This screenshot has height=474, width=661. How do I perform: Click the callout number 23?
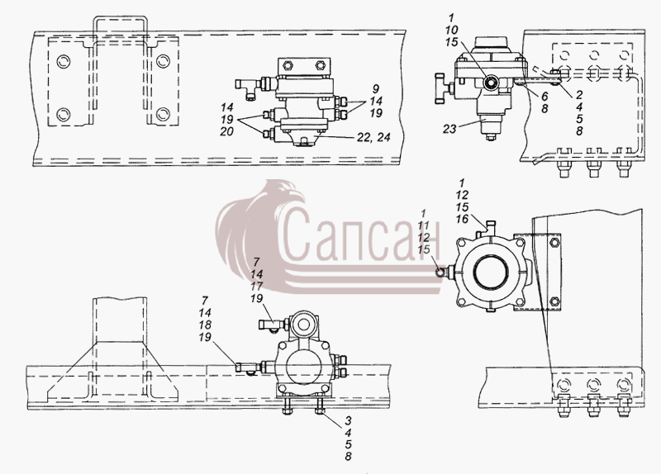click(x=449, y=129)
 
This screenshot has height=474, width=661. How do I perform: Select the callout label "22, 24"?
click(x=373, y=137)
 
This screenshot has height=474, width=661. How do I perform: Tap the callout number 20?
click(x=226, y=132)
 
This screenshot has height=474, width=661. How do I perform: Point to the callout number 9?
click(x=376, y=89)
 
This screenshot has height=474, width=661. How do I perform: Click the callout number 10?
click(x=451, y=30)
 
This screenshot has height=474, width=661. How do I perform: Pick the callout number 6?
click(x=544, y=97)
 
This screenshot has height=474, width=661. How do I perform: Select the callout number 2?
click(x=579, y=95)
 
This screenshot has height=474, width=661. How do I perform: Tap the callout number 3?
click(x=348, y=420)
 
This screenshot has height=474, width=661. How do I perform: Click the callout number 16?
click(x=462, y=219)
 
